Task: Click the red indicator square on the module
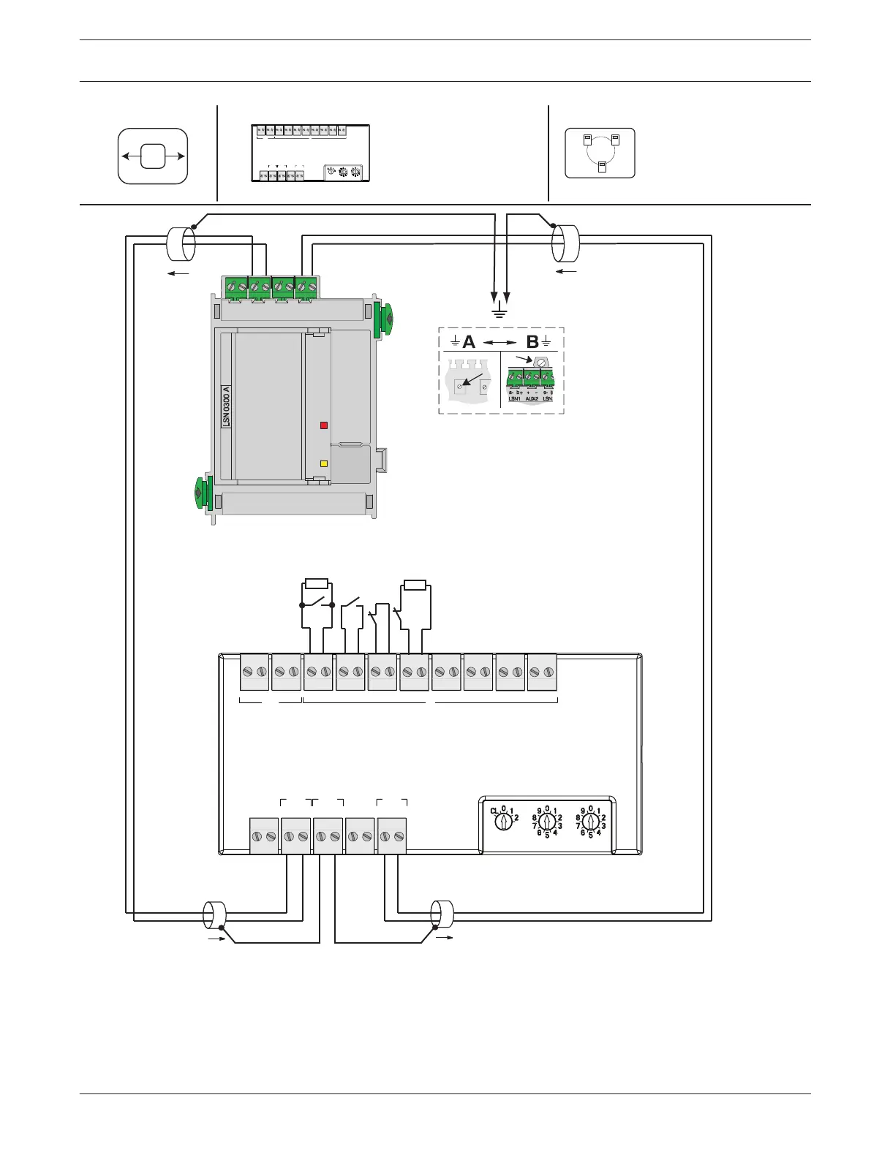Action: pos(324,425)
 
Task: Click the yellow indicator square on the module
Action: pos(324,463)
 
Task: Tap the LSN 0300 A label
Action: pos(227,406)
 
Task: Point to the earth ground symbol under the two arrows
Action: pos(501,313)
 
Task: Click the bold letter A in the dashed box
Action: pos(469,341)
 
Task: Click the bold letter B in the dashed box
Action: pos(532,341)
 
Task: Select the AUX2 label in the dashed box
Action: pos(532,399)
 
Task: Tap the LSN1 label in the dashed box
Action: pos(514,399)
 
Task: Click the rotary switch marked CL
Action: pos(503,822)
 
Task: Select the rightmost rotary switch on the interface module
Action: pos(592,822)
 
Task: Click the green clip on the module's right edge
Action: pos(383,319)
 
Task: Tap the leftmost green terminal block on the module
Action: pos(236,287)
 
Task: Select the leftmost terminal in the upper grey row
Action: pos(254,672)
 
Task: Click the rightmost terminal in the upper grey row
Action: pos(542,672)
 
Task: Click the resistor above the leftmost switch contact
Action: pos(317,584)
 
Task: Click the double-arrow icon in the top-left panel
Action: pos(153,156)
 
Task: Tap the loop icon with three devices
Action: pos(600,153)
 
